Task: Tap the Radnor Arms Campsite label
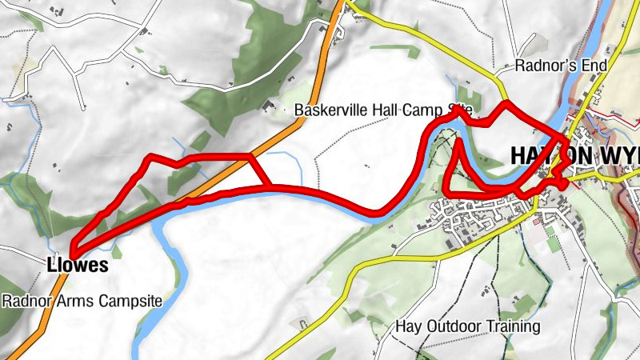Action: pos(82,302)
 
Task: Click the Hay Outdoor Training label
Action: pos(469,326)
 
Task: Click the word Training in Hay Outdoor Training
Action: pos(514,326)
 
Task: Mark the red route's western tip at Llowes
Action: pos(72,250)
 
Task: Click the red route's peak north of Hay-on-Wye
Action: pos(505,105)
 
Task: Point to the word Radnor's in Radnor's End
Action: pos(546,66)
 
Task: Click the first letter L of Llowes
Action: pos(51,266)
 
